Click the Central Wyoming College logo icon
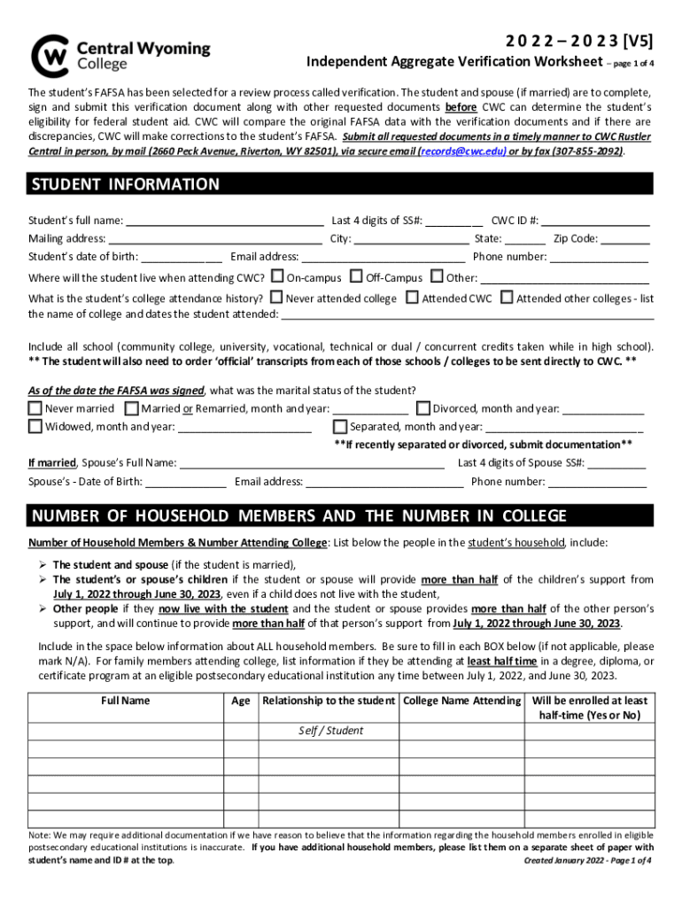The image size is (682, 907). tap(49, 56)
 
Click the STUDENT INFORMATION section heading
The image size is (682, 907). tap(125, 184)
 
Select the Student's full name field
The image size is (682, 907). tap(223, 221)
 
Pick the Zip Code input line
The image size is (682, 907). tap(625, 239)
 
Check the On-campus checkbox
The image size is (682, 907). tap(277, 277)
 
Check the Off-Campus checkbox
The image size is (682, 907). tap(357, 277)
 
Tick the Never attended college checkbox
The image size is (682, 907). tap(276, 298)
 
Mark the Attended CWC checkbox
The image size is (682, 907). tap(412, 298)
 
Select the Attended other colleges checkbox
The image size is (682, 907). tap(507, 298)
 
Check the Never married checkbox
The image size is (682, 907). tap(35, 408)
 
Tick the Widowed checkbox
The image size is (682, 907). tap(35, 426)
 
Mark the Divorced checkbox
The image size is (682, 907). tap(423, 408)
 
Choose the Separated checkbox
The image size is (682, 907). tap(340, 426)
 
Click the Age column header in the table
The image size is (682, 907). tap(240, 701)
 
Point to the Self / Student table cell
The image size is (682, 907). tap(329, 731)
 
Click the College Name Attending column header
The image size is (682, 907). tap(461, 701)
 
